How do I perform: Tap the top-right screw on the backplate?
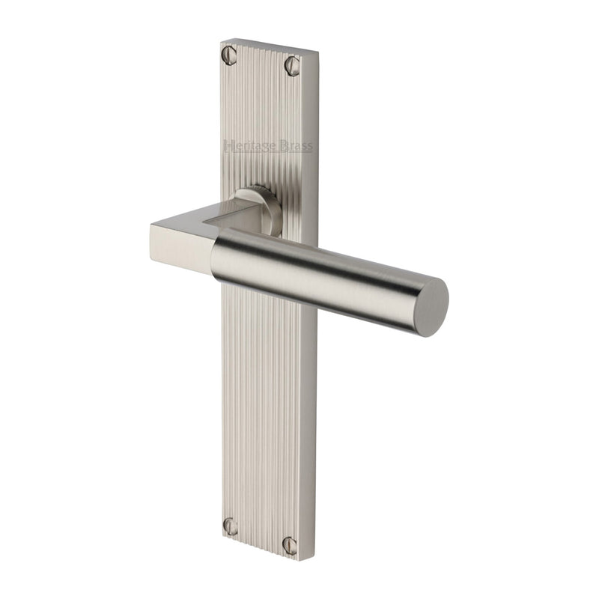point(292,67)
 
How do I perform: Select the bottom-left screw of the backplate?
point(231,526)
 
